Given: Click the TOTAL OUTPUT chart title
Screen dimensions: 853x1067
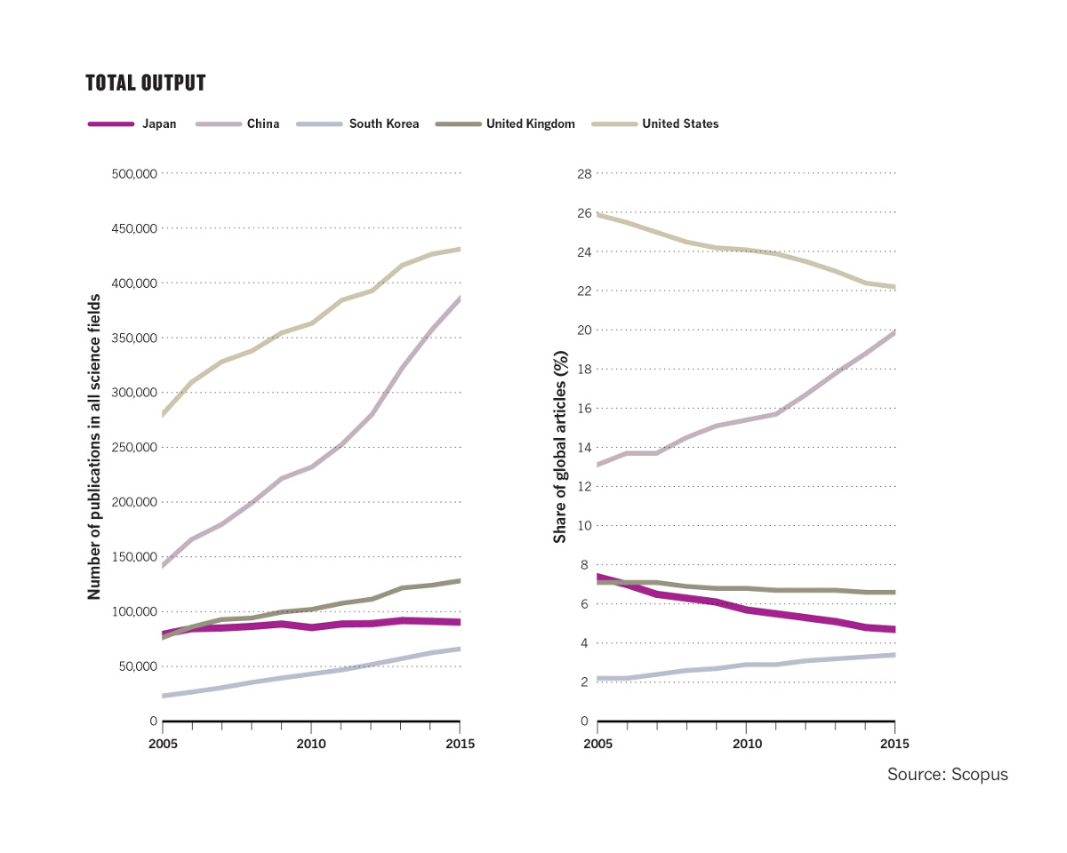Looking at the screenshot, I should pos(146,84).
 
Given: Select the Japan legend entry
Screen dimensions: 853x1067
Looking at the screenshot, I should pos(159,124).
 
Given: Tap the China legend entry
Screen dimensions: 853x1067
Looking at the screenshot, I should pos(262,124).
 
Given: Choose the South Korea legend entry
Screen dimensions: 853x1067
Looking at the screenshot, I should pos(383,124).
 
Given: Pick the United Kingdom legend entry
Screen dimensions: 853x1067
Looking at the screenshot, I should pos(530,124).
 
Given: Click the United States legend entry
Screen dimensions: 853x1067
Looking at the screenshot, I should pos(679,124).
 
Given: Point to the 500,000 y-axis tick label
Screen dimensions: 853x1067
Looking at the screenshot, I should pos(134,174).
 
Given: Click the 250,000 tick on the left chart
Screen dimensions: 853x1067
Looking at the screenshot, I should pos(134,448).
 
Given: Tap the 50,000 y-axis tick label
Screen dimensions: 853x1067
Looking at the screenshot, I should pos(138,667).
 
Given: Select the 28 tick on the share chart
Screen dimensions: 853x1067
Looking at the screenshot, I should pos(584,173).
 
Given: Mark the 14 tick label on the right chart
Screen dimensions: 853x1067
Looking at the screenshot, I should pos(584,448).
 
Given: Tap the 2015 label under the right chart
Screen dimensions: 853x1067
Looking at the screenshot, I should pos(895,743).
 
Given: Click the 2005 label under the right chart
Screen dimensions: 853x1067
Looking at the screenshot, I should pos(598,743).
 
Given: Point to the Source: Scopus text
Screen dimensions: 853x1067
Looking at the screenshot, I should pos(947,775).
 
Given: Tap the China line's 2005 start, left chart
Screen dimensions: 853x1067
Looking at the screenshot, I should pos(164,565).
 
